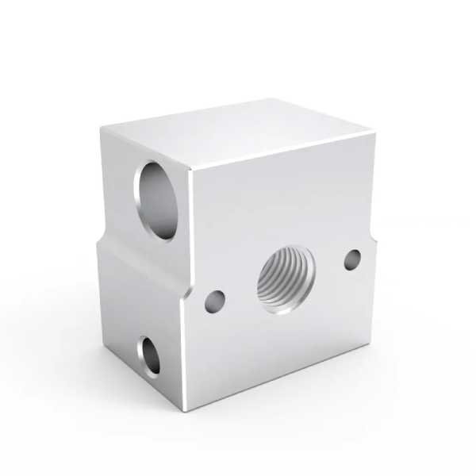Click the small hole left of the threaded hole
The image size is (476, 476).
tap(213, 301)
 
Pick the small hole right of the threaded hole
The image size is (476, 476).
tap(352, 259)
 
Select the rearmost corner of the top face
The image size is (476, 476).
tap(274, 98)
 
